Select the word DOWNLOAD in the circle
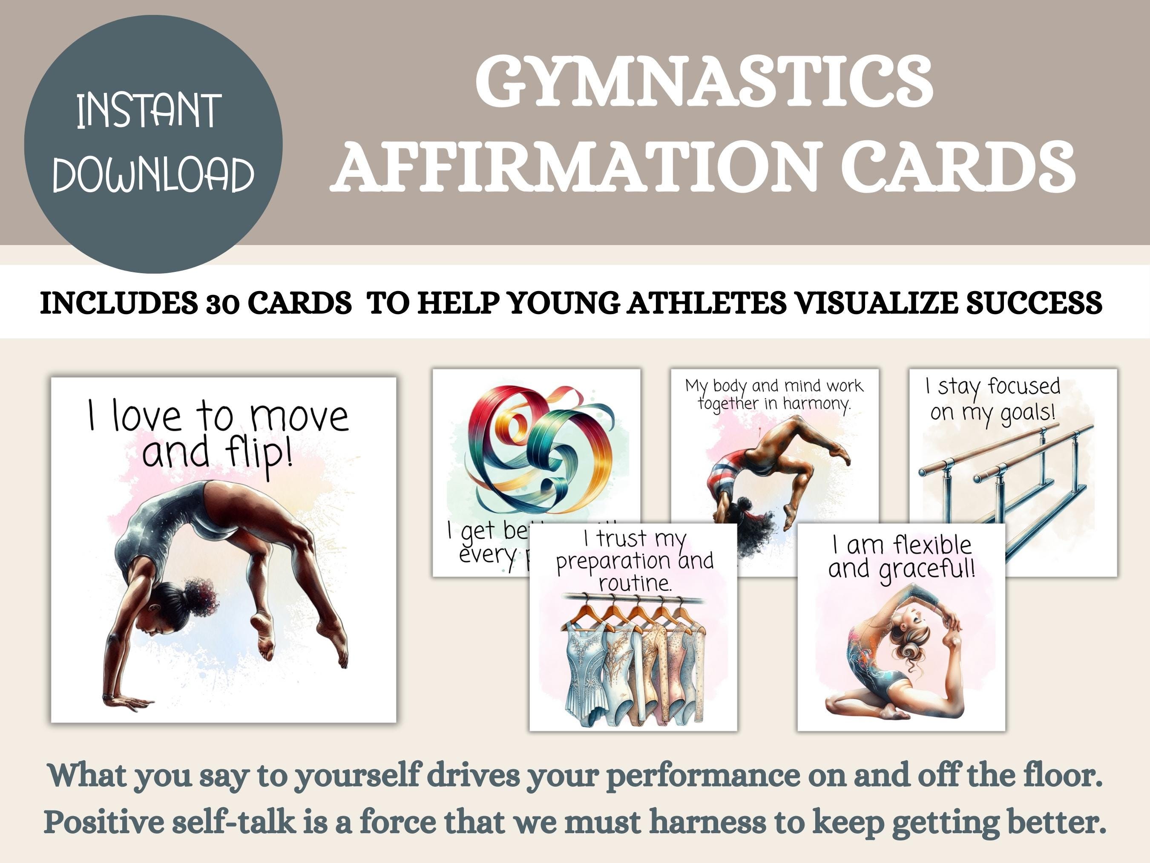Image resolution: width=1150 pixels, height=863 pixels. tap(153, 174)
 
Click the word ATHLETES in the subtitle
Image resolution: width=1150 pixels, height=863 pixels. tap(707, 302)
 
